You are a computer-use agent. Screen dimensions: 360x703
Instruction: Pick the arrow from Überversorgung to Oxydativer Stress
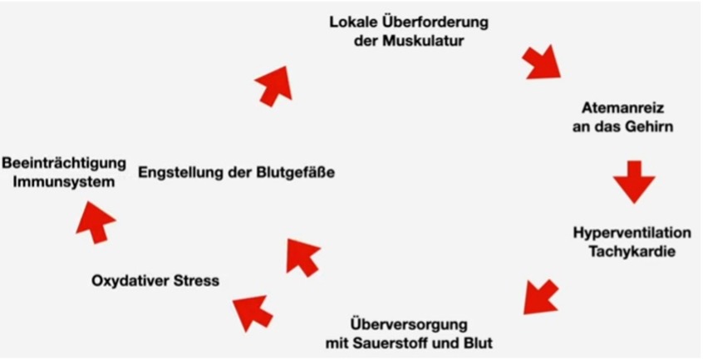pyautogui.click(x=253, y=312)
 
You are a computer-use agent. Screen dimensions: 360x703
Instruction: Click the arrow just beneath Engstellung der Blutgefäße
pyautogui.click(x=302, y=254)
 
